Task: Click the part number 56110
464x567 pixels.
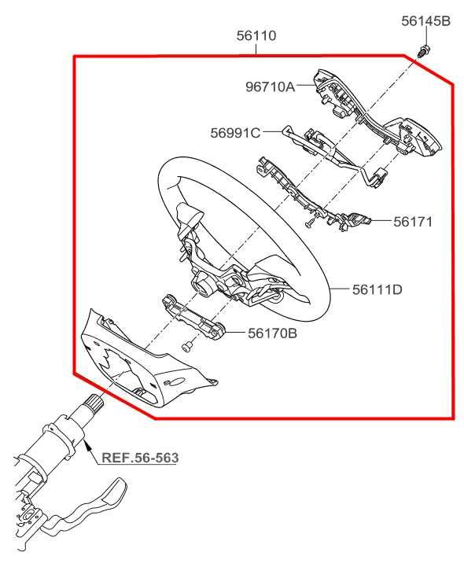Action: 256,36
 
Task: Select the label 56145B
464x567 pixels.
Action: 425,21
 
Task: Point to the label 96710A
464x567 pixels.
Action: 271,87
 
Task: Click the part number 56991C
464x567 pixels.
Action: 235,133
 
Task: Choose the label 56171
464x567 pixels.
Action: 413,221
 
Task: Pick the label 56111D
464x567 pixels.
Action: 377,289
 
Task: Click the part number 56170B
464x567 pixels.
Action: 272,333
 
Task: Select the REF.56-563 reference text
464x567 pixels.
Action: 140,458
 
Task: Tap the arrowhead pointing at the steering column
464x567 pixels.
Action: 86,444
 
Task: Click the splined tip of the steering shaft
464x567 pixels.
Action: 94,401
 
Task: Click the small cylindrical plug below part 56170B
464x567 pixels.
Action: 186,347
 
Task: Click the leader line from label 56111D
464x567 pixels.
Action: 339,289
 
